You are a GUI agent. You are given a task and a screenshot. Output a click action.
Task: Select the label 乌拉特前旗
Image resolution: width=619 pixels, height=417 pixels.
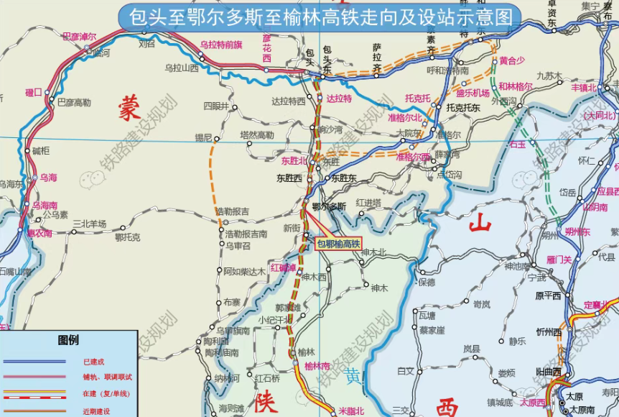click(221, 45)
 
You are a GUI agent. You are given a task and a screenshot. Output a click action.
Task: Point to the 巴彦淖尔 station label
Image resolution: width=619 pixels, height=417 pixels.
click(79, 36)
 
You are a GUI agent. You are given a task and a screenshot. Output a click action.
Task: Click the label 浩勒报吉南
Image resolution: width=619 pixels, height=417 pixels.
click(246, 234)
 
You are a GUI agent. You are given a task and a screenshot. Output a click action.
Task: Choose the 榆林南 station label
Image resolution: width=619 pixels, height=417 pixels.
click(317, 365)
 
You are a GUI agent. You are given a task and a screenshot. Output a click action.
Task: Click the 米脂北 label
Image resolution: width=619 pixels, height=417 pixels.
click(351, 411)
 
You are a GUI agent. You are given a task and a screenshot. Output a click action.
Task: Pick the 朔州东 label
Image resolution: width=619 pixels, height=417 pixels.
click(577, 232)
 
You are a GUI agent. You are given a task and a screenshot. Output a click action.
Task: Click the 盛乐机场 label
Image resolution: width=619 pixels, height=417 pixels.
click(473, 93)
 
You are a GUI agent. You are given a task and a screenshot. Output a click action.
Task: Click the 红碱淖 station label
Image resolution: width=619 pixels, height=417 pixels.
click(283, 268)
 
